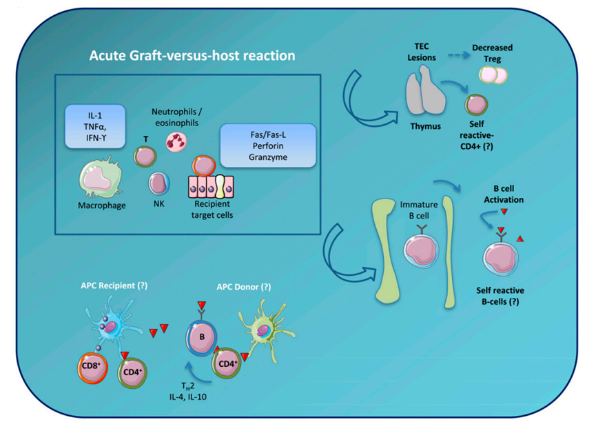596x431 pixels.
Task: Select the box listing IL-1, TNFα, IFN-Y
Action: pyautogui.click(x=96, y=126)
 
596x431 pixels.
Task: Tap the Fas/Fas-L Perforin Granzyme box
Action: pyautogui.click(x=267, y=144)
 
